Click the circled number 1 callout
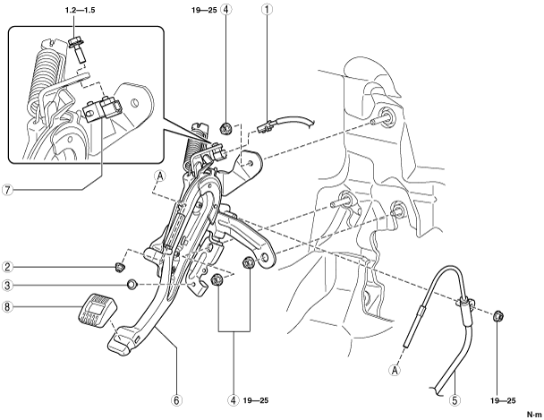click(x=268, y=10)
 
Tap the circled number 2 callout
click(x=7, y=267)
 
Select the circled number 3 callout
click(x=7, y=286)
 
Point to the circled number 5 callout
click(x=455, y=400)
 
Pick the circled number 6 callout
click(x=176, y=400)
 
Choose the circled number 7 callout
click(x=7, y=190)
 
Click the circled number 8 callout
click(x=7, y=306)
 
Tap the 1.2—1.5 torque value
click(x=81, y=10)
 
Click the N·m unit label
click(x=534, y=415)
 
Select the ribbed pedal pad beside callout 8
click(x=97, y=311)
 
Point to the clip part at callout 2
click(x=120, y=268)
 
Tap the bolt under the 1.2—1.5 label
click(x=77, y=50)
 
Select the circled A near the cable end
click(x=395, y=370)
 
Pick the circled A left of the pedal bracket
click(x=160, y=176)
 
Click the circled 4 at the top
click(x=225, y=10)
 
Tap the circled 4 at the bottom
click(x=234, y=400)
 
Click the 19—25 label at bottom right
click(x=503, y=400)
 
